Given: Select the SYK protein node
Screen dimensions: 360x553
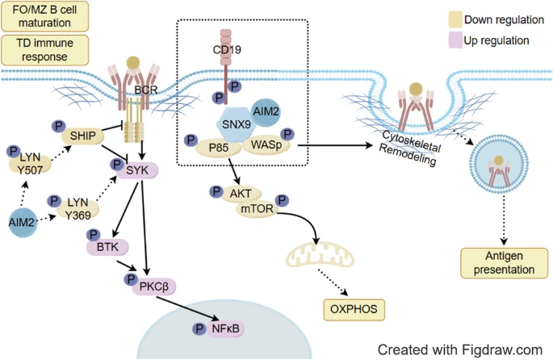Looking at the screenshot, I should (138, 170).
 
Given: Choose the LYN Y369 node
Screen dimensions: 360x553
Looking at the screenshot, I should (78, 205).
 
